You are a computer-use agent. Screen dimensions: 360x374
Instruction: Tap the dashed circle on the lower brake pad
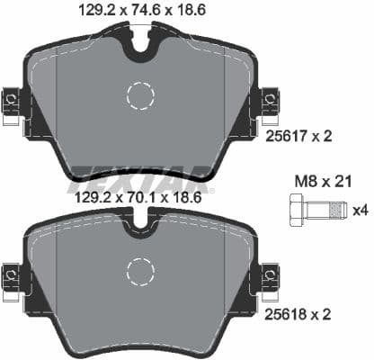[141, 271]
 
